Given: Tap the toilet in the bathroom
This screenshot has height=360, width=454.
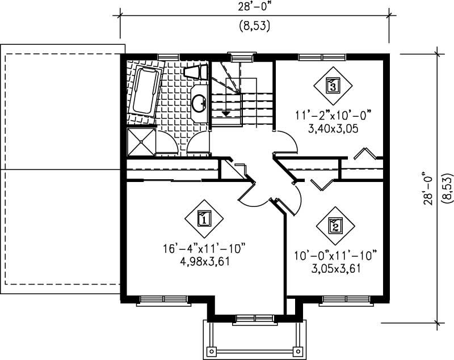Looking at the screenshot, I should point(195,72).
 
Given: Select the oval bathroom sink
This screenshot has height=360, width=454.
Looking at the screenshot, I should point(199,103).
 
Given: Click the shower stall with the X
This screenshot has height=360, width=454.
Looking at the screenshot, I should point(140,141).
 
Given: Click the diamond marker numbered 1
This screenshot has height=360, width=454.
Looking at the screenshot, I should point(204,218).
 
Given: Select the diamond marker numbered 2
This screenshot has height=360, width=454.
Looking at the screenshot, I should point(335,226).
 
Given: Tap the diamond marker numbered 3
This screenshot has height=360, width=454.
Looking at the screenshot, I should point(333,86).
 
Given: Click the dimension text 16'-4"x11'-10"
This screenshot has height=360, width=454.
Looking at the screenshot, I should point(204,249).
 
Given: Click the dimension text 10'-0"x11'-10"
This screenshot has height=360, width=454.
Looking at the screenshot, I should point(335,255).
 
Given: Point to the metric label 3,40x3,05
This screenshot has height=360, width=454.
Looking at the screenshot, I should point(333,129).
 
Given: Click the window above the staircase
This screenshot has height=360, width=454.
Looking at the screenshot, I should point(242,56).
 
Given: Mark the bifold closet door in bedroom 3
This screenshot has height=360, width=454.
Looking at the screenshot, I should point(364,154).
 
